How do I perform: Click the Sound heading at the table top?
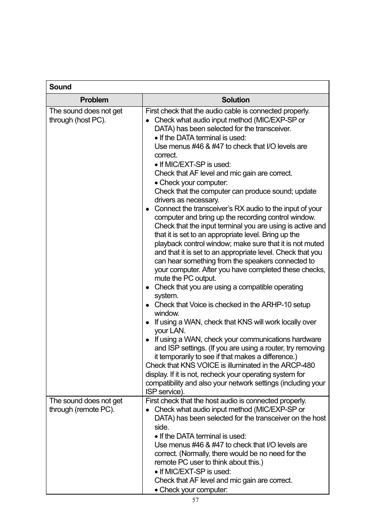click(x=60, y=87)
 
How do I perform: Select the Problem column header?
click(x=94, y=100)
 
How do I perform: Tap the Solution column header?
click(x=235, y=100)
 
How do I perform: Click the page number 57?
click(x=195, y=500)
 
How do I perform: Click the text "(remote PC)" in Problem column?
click(x=94, y=410)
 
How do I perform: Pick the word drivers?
click(x=165, y=200)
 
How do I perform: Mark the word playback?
click(x=168, y=244)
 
